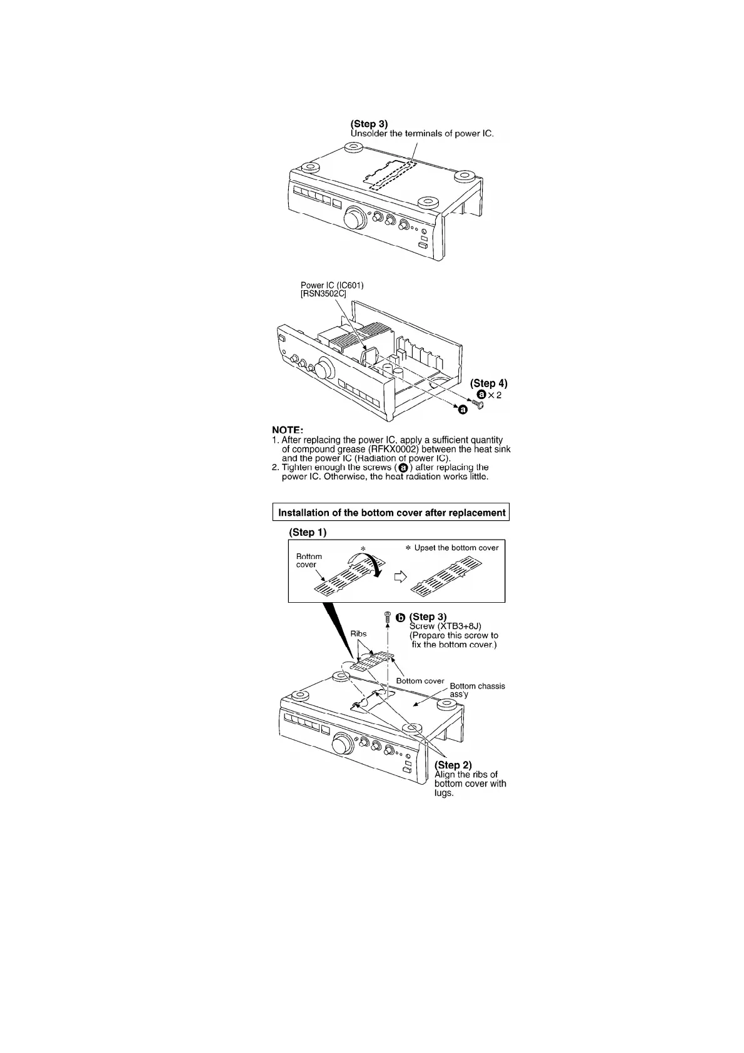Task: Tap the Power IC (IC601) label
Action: pos(332,286)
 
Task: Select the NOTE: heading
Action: pos(288,430)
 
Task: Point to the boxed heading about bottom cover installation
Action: pos(391,513)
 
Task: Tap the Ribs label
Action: pos(358,633)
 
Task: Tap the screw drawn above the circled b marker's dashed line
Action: pos(388,617)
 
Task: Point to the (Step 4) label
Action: pos(488,383)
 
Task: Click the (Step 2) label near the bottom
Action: pos(453,765)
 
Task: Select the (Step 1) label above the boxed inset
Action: pos(308,532)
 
